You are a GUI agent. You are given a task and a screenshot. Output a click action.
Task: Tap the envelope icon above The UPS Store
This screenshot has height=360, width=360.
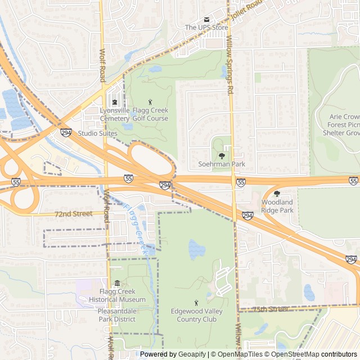coord(206,19)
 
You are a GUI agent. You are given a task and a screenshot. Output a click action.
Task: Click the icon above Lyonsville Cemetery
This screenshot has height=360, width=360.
coord(115,102)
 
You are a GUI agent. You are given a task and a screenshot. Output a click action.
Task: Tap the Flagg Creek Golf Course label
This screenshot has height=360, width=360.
coord(150,115)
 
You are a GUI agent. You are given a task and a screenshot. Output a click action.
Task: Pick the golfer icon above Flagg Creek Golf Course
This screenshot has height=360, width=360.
coord(150,102)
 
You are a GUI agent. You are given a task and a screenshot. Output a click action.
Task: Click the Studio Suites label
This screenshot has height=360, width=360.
coord(96,133)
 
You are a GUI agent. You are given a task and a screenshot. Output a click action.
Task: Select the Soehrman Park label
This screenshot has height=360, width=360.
coord(222,164)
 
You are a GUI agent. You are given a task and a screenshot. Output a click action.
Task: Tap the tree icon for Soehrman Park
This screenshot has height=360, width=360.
coord(222,155)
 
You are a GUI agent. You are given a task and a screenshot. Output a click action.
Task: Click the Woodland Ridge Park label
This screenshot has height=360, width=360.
coord(277,206)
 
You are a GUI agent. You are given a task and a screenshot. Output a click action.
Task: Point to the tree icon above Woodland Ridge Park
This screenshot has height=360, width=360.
coord(277,193)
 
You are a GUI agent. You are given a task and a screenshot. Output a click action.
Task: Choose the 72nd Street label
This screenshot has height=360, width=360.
coord(73,214)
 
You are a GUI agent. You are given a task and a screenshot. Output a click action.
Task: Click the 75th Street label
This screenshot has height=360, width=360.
coord(271,309)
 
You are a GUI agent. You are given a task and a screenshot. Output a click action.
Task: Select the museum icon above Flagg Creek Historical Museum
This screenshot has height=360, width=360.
coord(117,283)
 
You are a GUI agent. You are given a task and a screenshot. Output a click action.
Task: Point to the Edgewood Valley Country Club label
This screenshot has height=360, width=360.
coord(196,315)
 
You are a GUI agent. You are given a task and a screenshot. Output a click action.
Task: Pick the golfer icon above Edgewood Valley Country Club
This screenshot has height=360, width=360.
coord(196,303)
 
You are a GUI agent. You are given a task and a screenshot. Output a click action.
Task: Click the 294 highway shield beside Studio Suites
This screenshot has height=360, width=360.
coord(66,133)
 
